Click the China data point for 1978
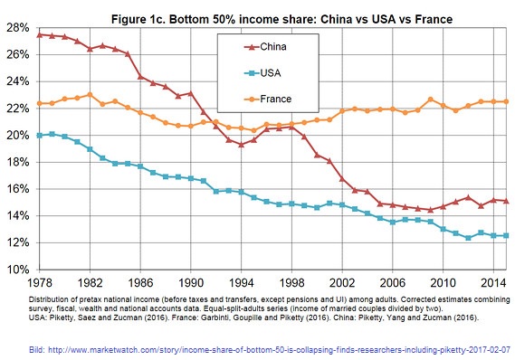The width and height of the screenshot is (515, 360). (38, 34)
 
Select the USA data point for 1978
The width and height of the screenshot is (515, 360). (38, 135)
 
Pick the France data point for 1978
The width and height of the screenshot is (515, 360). (38, 103)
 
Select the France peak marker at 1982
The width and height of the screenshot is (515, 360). (89, 94)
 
